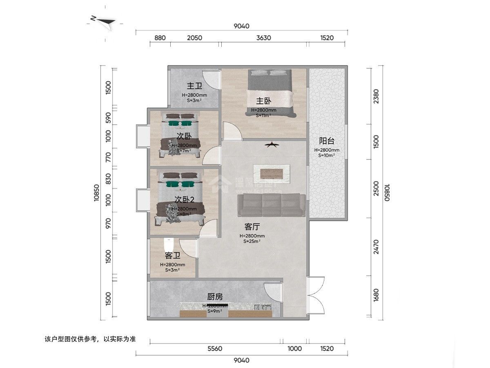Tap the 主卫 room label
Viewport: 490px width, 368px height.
194,86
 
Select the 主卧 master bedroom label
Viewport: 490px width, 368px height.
264,101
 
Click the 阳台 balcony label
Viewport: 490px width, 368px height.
327,141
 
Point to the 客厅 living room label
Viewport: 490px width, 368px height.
252,227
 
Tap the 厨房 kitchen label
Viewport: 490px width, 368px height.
215,296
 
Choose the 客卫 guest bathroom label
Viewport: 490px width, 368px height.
173,256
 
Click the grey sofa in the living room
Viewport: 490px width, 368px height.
272,205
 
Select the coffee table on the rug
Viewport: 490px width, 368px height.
272,172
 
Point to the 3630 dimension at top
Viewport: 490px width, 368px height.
264,38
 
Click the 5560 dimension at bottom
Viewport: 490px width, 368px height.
215,349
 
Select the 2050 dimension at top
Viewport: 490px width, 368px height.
195,38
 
